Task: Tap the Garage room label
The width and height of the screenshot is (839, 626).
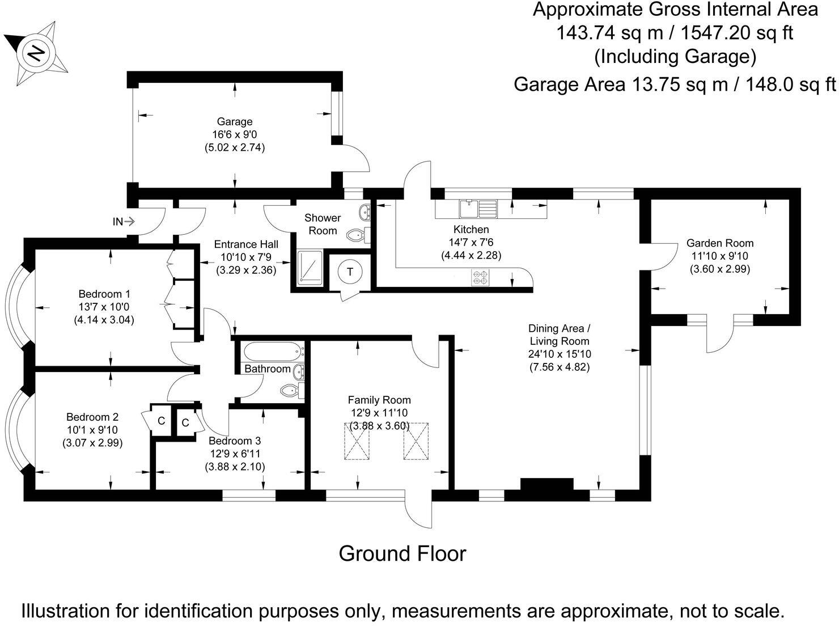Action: [x=235, y=121]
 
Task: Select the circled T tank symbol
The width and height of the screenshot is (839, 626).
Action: [x=350, y=272]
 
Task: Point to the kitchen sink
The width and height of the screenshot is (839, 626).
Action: [x=468, y=208]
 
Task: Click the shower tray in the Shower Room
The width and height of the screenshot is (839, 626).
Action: [x=309, y=267]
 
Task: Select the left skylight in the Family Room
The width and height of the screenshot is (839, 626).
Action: [x=358, y=441]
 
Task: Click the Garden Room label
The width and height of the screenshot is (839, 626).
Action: [x=719, y=243]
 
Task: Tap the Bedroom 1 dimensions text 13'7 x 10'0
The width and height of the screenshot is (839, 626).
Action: [x=104, y=307]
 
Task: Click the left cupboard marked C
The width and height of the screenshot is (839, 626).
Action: [x=161, y=421]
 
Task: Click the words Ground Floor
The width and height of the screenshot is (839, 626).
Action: [x=402, y=553]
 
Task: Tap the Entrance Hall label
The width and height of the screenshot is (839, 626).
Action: [x=246, y=244]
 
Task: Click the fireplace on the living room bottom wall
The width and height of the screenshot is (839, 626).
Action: [x=546, y=487]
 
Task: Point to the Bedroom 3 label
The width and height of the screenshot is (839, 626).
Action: [x=234, y=441]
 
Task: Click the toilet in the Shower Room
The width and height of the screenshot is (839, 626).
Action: [x=356, y=235]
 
